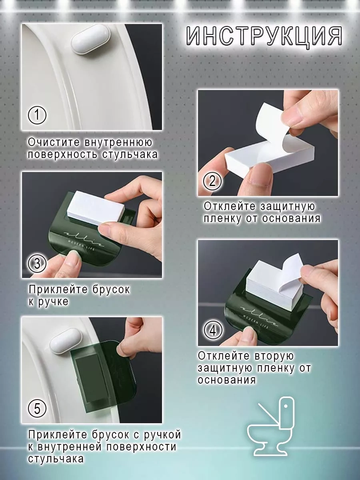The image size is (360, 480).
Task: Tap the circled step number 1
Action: [x=37, y=115]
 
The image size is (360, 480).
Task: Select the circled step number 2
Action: [x=212, y=181]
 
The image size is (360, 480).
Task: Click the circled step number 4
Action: [x=213, y=331]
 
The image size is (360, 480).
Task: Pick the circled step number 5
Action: [x=37, y=409]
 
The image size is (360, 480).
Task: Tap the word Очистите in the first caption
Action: [x=54, y=142]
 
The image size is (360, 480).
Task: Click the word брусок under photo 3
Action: [x=111, y=290]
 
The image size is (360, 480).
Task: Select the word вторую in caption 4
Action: [x=274, y=356]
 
